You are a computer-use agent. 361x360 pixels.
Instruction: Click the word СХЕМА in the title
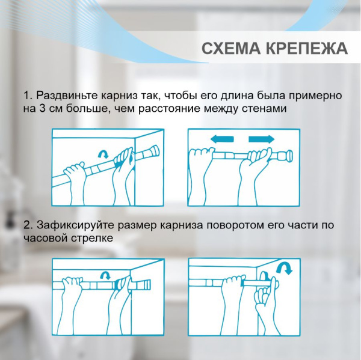[232, 48]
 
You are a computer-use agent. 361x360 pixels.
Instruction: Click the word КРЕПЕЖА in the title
[307, 48]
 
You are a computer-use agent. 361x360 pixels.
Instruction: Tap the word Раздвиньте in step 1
[67, 96]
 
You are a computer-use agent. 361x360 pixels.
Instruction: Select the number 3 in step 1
[42, 109]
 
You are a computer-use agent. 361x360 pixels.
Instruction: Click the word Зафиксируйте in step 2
[76, 225]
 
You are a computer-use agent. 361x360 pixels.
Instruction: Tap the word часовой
[45, 238]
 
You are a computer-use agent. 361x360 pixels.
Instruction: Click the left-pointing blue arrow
[222, 139]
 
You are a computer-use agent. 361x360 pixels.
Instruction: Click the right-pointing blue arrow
[262, 139]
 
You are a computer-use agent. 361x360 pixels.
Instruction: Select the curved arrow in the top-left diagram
[103, 154]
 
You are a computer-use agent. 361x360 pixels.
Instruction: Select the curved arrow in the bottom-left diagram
[106, 275]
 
